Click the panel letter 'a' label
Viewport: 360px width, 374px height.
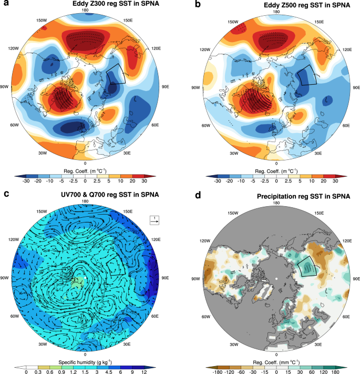tap(6, 5)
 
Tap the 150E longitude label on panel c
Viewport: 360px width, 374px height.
tap(127, 211)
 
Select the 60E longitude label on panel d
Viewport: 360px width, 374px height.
tap(346, 316)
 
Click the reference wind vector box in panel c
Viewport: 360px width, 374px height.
tap(156, 219)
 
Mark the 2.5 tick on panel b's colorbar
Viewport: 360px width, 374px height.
tap(282, 180)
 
